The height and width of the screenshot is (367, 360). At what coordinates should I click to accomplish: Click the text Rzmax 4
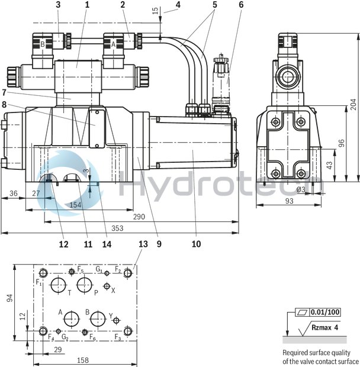[326, 326]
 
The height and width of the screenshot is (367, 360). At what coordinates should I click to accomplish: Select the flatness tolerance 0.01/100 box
[320, 311]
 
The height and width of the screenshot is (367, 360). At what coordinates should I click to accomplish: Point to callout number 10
[196, 244]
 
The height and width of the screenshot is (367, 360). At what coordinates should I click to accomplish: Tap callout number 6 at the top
[241, 5]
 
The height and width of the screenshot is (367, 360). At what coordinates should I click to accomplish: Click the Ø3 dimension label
[301, 189]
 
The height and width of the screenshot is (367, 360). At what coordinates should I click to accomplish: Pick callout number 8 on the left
[5, 104]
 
